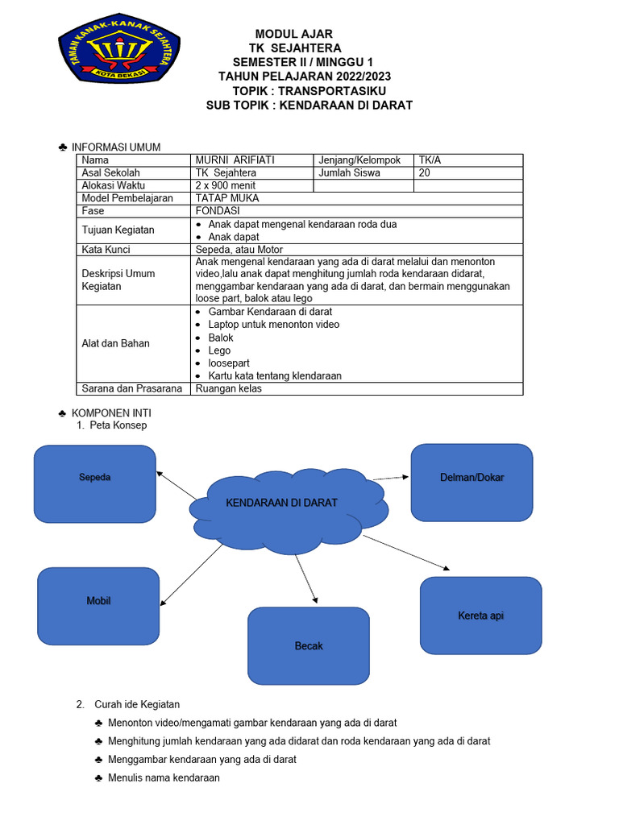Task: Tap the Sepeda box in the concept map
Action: coord(94,484)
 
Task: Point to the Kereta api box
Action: coord(480,616)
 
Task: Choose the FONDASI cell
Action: coord(218,211)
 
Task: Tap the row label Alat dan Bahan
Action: coord(116,344)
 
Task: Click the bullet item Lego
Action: coord(219,350)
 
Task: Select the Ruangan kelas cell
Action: coord(229,389)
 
